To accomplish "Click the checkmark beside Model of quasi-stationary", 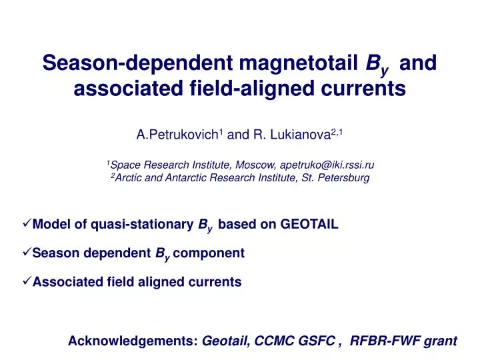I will click(27, 224).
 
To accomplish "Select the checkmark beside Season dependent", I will click(27, 253).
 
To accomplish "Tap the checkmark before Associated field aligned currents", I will click(27, 281).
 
